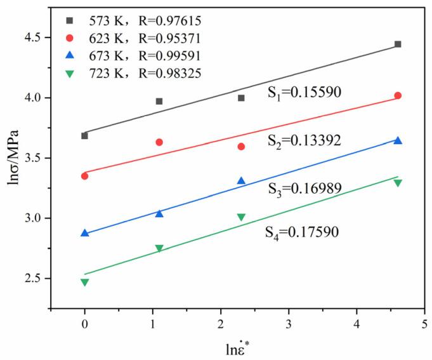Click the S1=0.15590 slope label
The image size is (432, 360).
tap(304, 93)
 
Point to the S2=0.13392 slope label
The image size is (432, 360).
tap(304, 140)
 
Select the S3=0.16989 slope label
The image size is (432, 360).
tap(304, 188)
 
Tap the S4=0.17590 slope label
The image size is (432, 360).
tap(302, 232)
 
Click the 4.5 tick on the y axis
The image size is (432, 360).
tap(42, 37)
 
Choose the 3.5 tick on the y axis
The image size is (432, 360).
tap(42, 158)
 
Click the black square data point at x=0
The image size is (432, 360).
tap(84, 135)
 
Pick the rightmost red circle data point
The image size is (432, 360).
tap(398, 95)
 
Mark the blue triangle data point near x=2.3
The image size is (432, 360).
tap(241, 181)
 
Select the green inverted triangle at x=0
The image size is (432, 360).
tap(84, 283)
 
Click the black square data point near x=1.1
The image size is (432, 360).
tap(159, 101)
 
